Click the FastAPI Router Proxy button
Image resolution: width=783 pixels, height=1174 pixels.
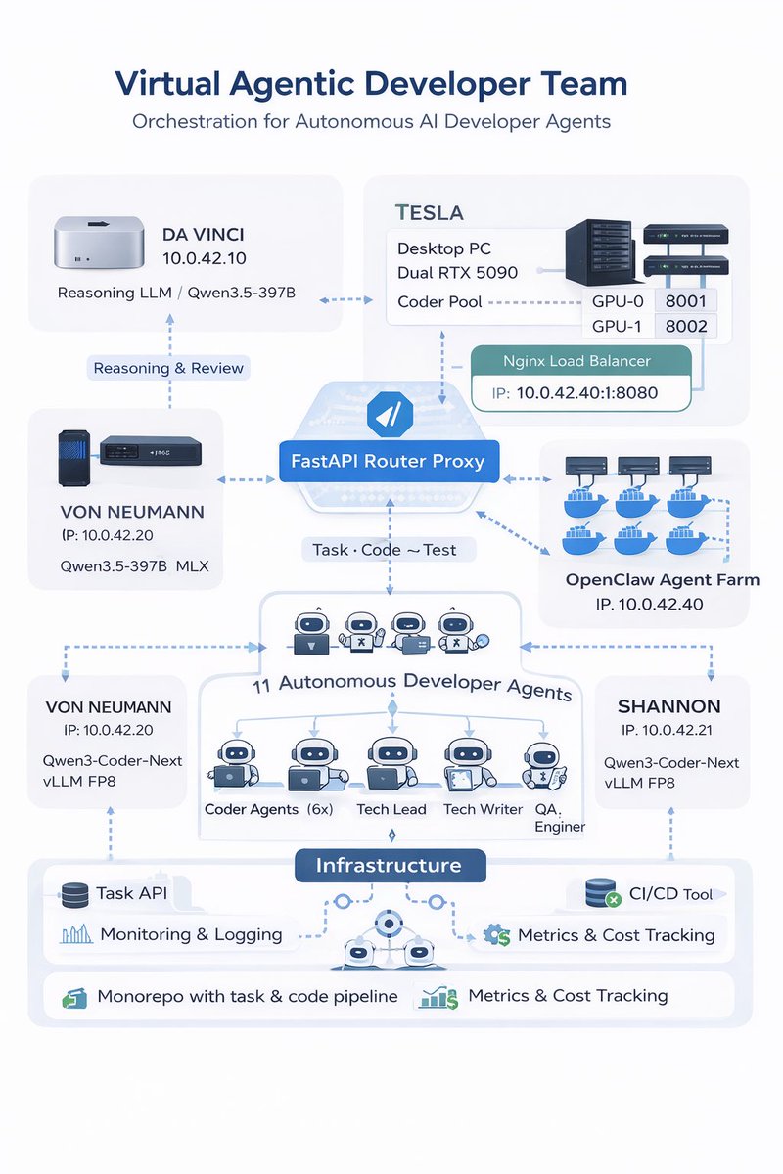pyautogui.click(x=389, y=461)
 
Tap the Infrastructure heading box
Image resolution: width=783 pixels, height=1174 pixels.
pyautogui.click(x=391, y=865)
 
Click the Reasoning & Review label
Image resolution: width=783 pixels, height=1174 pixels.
pyautogui.click(x=168, y=368)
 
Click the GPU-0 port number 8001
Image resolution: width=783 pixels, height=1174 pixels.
pyautogui.click(x=685, y=301)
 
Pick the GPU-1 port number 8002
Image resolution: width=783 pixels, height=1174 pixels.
pyautogui.click(x=686, y=327)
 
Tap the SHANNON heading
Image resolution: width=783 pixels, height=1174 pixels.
pyautogui.click(x=669, y=706)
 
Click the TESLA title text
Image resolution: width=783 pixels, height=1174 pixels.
pyautogui.click(x=429, y=213)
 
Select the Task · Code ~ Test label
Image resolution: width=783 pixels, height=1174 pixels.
pyautogui.click(x=385, y=550)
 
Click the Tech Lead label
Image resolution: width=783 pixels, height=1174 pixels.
pyautogui.click(x=391, y=809)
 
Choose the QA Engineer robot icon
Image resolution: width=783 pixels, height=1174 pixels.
pyautogui.click(x=544, y=766)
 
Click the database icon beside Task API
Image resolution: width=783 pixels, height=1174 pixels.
pyautogui.click(x=75, y=895)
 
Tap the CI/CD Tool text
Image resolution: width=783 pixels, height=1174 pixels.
pyautogui.click(x=670, y=893)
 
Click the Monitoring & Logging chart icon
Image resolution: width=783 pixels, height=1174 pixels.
pyautogui.click(x=76, y=934)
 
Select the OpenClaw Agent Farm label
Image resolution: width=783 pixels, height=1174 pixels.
pyautogui.click(x=663, y=579)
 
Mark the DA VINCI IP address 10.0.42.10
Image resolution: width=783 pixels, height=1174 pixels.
pyautogui.click(x=204, y=258)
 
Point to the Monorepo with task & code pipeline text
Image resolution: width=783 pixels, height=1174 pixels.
pyautogui.click(x=248, y=996)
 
